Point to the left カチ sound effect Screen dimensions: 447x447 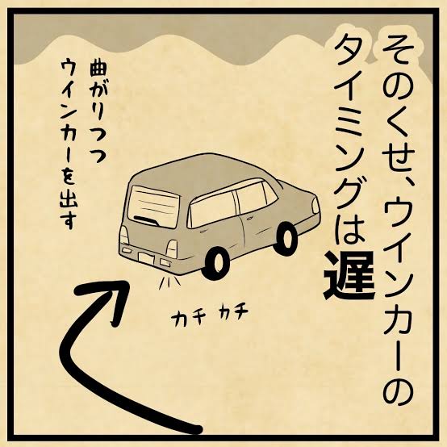click(x=186, y=318)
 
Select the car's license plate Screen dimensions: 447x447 click(x=146, y=258)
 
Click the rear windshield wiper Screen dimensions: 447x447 click(x=146, y=220)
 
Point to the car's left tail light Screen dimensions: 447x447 click(x=124, y=234)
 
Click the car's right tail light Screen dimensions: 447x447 click(x=172, y=249)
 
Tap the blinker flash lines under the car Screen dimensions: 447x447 click(x=169, y=282)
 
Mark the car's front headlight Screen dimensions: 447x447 click(x=315, y=205)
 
